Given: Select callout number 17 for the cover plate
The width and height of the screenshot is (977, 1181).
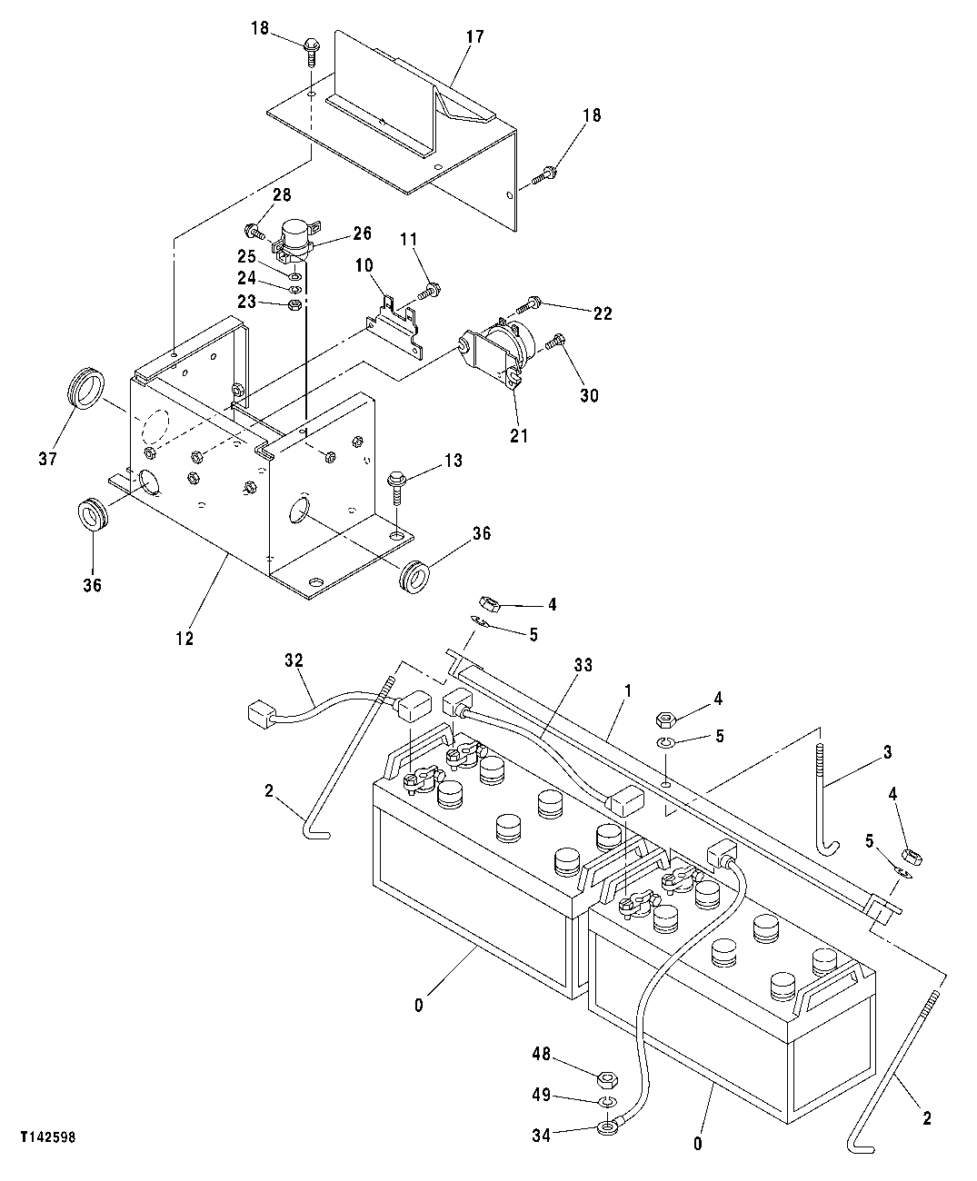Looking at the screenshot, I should pos(475,37).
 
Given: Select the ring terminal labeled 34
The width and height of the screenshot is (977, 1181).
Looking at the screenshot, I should pos(604,1129).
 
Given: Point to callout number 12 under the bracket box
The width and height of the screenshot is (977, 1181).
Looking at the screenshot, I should pos(184,639).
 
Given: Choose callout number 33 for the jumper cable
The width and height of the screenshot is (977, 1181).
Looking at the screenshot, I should pos(583,666).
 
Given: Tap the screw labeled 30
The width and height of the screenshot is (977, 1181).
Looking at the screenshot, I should pos(557,345).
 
